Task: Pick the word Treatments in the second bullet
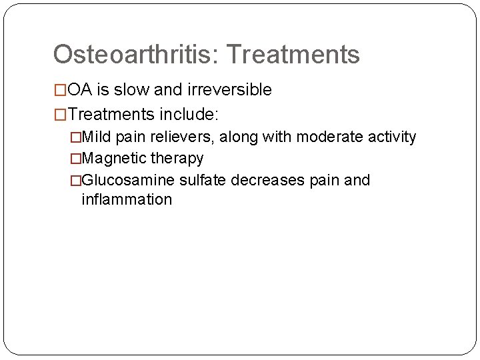coord(111,115)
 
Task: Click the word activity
coord(389,137)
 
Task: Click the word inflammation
coord(127,199)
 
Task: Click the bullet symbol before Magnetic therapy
coord(75,159)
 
